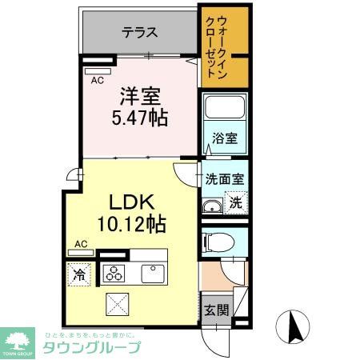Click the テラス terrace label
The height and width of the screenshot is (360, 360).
point(139,33)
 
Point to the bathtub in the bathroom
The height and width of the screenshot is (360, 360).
point(225,110)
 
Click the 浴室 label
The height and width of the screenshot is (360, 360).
point(225,138)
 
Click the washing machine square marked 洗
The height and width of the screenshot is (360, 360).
point(235,203)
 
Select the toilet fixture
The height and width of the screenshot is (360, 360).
point(219,241)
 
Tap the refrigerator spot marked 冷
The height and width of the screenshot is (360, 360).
point(80,274)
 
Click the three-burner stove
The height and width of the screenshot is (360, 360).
point(113,273)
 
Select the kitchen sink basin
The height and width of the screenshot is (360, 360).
point(153,272)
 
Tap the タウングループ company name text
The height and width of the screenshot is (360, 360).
point(92,347)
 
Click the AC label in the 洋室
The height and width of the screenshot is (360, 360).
point(97,80)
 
